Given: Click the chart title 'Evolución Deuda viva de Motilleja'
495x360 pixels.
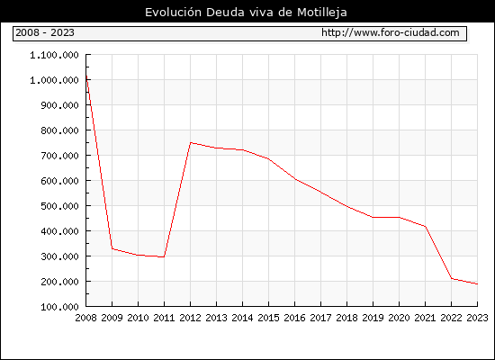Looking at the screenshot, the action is click(246, 13).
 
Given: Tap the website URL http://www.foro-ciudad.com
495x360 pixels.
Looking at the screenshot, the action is click(391, 32).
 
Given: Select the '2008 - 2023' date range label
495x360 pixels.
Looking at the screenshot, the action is click(45, 32).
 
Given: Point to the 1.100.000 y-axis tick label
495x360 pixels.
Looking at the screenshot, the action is click(54, 55).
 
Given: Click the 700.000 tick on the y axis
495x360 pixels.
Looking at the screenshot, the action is click(59, 156).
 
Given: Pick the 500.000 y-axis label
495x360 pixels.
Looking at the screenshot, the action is click(59, 206).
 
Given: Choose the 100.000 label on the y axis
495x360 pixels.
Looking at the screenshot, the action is click(59, 307).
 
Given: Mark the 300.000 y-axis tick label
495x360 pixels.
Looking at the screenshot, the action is click(59, 256).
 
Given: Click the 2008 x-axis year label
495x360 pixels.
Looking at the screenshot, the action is click(85, 318).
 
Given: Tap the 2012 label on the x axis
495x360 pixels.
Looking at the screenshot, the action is click(191, 318).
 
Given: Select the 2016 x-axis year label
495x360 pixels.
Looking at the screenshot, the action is click(295, 318).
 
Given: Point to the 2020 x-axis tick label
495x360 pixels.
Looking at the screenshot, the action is click(399, 318).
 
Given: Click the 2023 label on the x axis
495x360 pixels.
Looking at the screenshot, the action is click(477, 318).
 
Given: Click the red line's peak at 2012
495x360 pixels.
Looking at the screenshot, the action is click(191, 143).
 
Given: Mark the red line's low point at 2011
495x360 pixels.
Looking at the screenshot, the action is click(164, 257).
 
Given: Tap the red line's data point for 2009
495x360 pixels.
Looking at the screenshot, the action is click(112, 248).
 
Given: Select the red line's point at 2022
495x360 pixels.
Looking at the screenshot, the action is click(452, 278).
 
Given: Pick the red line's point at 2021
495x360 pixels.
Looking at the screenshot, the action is click(425, 227).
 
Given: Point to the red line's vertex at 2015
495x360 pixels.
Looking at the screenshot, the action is click(269, 158).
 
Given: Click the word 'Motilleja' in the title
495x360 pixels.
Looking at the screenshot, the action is click(322, 13).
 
